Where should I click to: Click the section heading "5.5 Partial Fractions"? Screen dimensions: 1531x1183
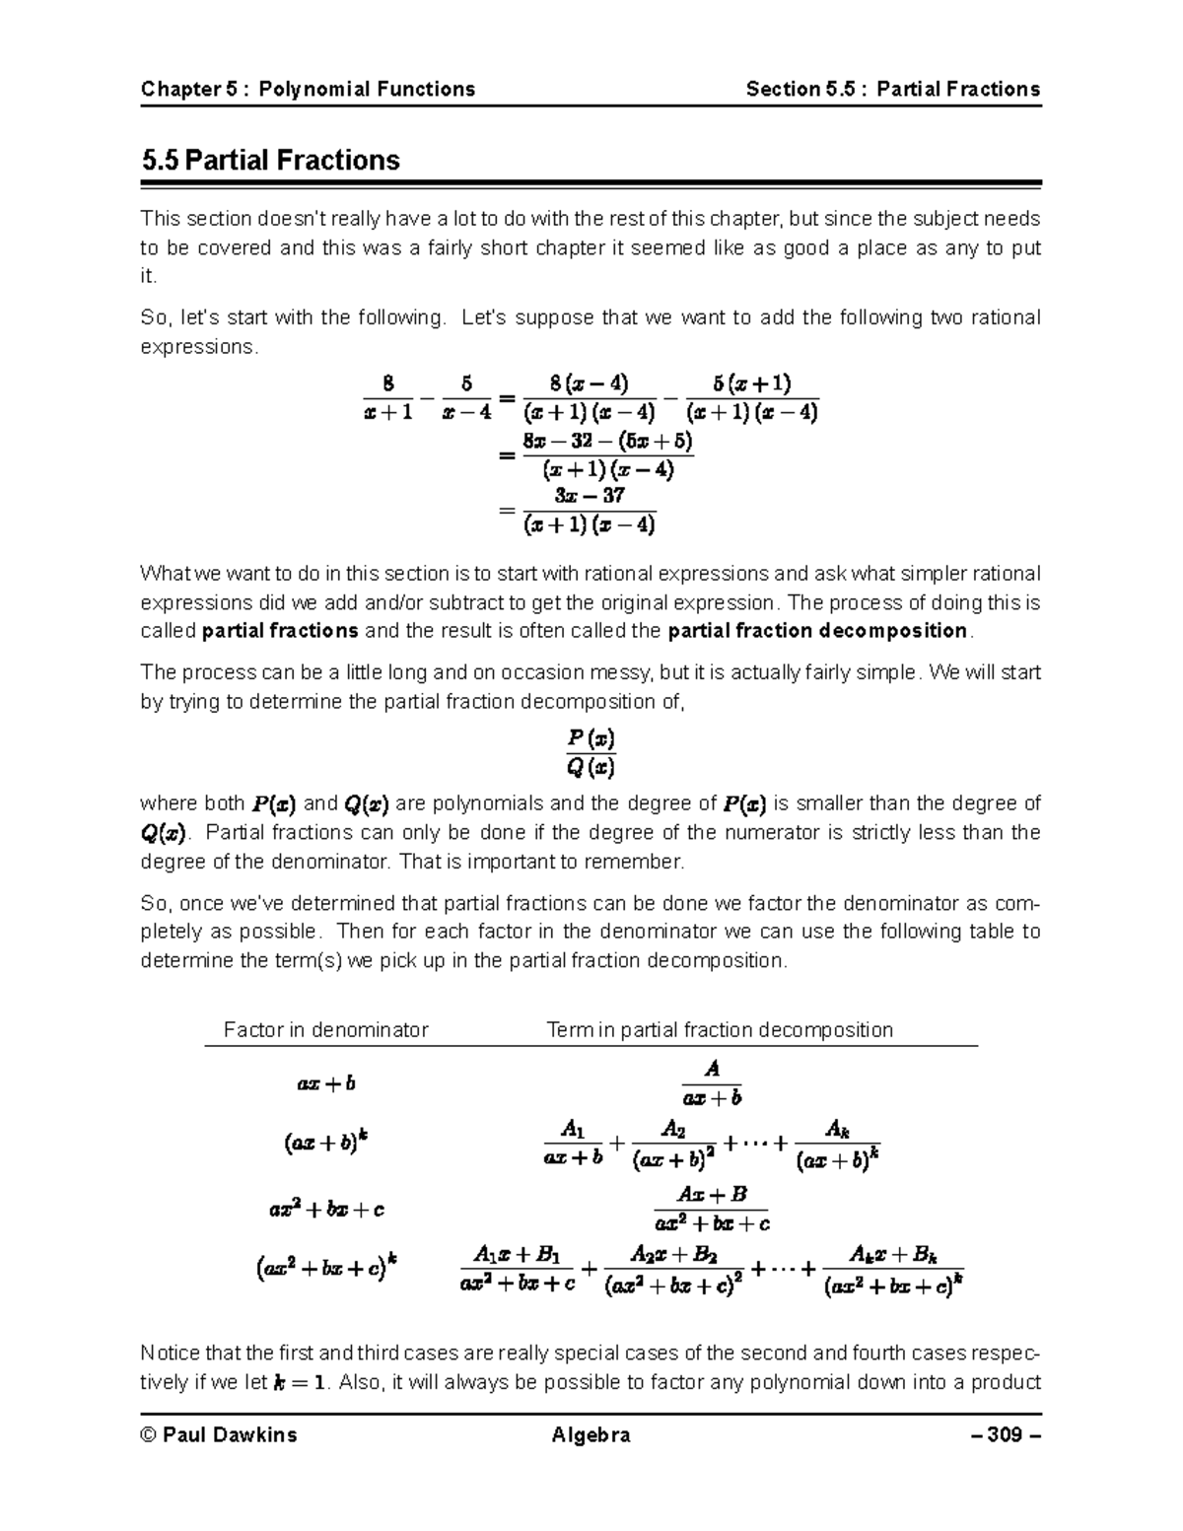pos(270,161)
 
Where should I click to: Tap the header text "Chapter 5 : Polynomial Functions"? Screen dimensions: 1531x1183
pos(308,90)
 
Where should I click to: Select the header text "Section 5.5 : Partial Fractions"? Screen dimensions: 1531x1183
pos(892,90)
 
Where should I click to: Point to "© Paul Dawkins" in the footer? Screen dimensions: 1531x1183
pos(219,1434)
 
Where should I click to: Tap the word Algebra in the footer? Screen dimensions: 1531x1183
pos(591,1434)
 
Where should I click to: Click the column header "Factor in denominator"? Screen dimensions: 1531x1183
pos(325,1030)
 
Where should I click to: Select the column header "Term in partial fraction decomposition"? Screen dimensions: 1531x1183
pos(720,1030)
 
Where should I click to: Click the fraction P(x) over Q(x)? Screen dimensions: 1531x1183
pos(591,751)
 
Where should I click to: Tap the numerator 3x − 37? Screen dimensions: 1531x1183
pos(590,495)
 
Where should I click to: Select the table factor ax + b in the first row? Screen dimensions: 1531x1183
pos(325,1083)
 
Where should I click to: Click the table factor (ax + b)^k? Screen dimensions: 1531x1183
pos(325,1143)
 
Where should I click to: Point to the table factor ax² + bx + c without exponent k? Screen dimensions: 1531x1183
pos(325,1209)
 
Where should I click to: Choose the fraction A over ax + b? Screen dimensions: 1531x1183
pos(712,1082)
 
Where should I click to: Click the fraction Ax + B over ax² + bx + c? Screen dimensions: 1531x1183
pos(712,1209)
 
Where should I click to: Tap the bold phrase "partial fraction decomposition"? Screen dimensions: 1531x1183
pos(817,631)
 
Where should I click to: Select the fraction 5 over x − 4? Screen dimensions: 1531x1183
pos(466,397)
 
